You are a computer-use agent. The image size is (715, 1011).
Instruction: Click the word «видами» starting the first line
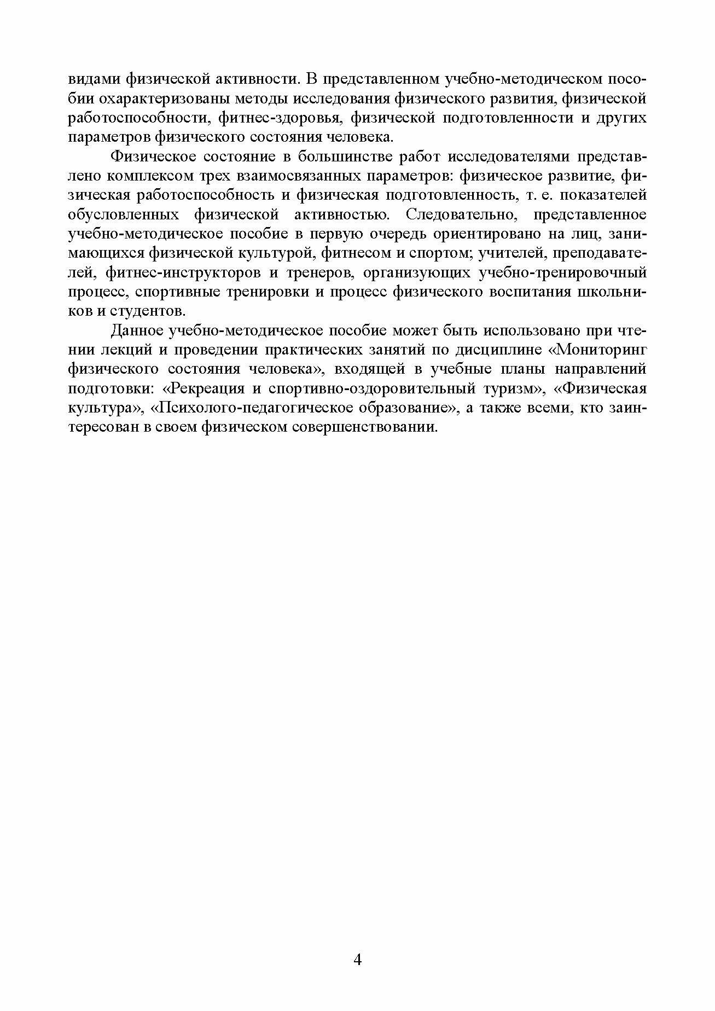coord(94,79)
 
